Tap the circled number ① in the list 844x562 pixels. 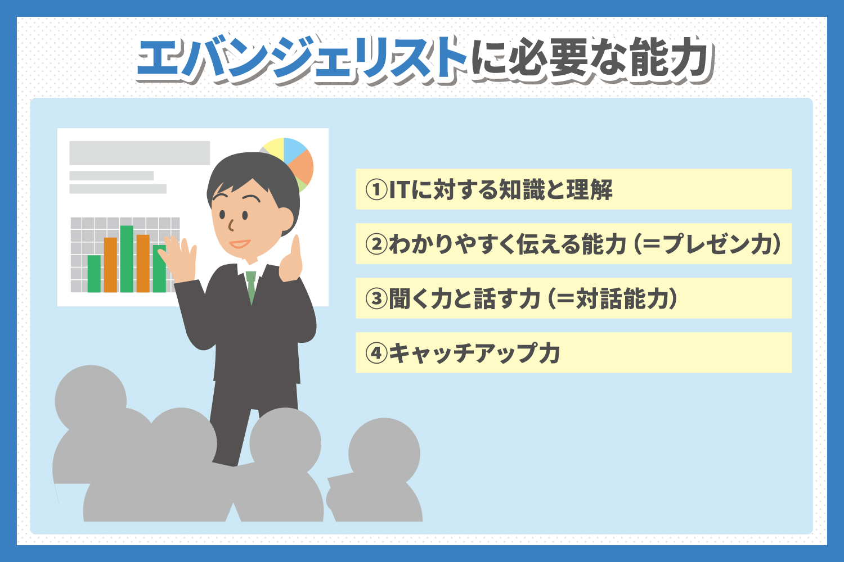376,189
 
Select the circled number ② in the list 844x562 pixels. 376,244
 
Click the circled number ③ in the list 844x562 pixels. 376,298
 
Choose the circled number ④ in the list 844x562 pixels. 376,353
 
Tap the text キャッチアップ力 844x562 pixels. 474,353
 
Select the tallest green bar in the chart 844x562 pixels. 127,259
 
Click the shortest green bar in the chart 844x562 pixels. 94,274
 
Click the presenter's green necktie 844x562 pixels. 251,287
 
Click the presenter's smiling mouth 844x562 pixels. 240,244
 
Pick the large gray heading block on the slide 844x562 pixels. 140,153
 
